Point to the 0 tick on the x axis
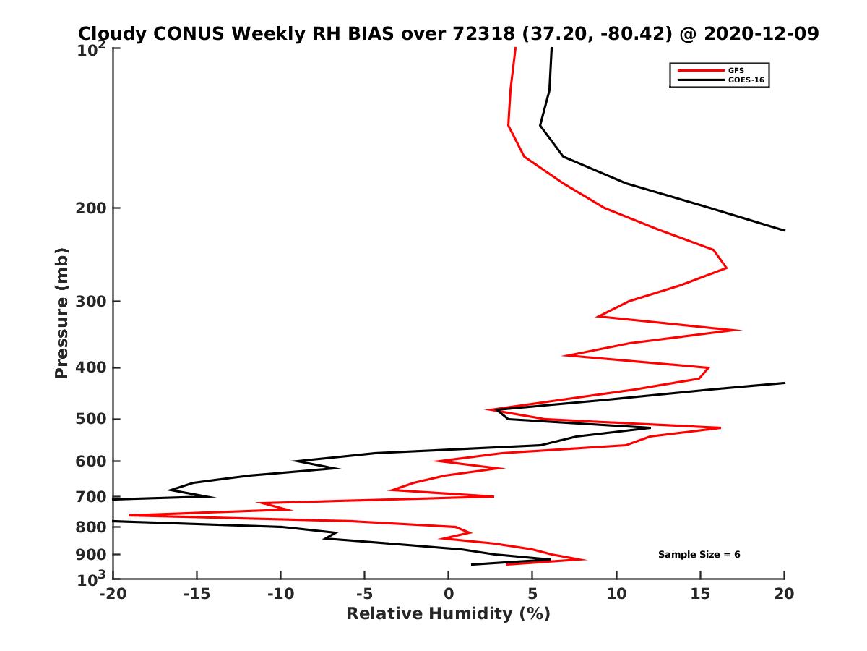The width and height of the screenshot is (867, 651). point(449,595)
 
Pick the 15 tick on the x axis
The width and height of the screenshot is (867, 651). point(700,595)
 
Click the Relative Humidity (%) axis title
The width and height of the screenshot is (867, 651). point(448,614)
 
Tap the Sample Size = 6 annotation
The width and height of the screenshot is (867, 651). point(699,555)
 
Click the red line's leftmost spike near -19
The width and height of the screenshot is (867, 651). point(130,515)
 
